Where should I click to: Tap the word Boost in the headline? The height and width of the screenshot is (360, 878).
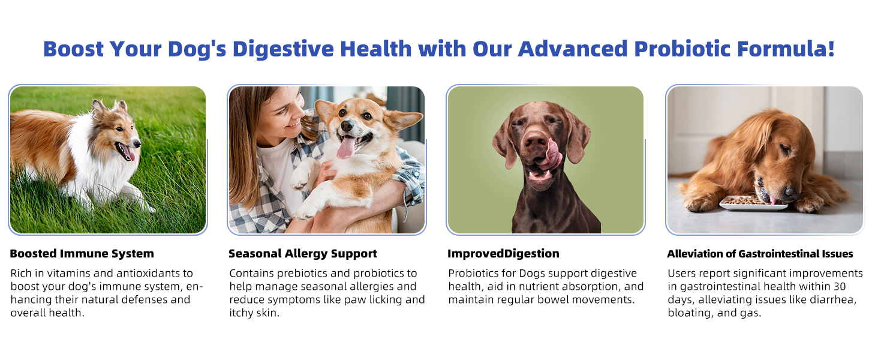[x=74, y=49]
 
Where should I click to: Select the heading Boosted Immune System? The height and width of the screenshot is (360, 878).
[x=82, y=254]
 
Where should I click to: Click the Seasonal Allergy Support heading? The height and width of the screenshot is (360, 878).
[x=303, y=254]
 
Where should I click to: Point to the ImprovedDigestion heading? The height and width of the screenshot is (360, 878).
[x=503, y=254]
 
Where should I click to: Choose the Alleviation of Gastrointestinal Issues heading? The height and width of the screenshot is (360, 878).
[x=760, y=254]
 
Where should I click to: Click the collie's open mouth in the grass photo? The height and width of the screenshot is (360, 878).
[x=126, y=152]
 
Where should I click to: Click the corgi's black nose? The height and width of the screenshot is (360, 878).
[x=347, y=125]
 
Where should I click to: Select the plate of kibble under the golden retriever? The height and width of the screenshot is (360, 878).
[x=752, y=203]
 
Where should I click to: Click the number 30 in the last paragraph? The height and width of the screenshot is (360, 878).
[x=838, y=287]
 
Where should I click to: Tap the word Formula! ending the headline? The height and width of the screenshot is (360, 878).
[x=786, y=49]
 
